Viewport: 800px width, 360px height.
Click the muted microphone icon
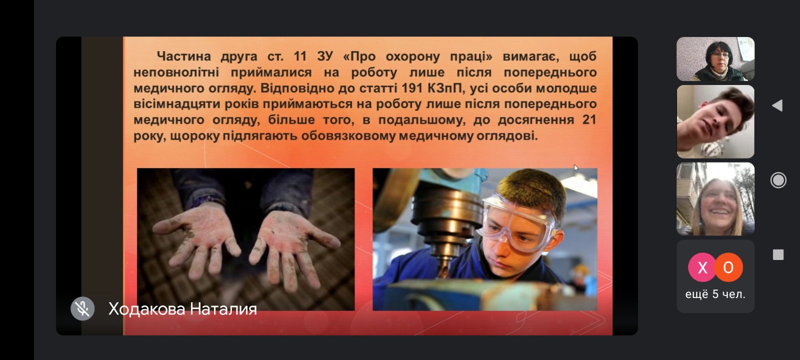tap(82, 308)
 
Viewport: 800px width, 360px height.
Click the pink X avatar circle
tap(702, 267)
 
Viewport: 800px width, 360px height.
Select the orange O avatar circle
tap(728, 267)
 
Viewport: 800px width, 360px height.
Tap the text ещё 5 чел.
tap(715, 294)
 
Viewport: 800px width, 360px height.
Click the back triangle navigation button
tap(777, 105)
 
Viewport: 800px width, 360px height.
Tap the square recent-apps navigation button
tap(778, 254)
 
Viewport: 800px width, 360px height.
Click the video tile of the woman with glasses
tap(715, 59)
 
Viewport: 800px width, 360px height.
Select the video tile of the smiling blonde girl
tap(715, 199)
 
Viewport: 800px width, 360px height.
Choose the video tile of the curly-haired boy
tap(715, 121)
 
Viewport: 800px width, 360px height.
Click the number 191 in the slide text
tap(412, 88)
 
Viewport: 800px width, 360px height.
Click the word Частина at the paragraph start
tap(184, 56)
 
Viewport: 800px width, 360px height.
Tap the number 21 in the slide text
tap(589, 119)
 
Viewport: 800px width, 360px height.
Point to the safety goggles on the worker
tap(515, 223)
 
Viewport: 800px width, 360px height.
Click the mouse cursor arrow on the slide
tap(575, 168)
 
